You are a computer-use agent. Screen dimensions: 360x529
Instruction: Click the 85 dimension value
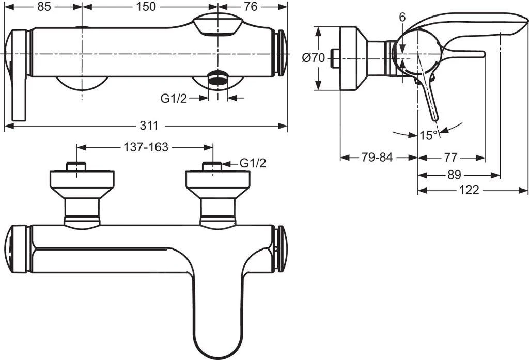point(44,7)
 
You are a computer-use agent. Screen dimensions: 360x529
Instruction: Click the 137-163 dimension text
point(146,147)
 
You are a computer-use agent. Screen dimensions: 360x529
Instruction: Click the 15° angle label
point(428,135)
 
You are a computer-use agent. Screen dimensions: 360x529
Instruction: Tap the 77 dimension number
point(450,158)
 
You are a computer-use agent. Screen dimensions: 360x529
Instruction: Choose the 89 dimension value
point(454,175)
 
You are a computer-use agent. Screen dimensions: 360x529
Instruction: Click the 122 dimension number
point(469,191)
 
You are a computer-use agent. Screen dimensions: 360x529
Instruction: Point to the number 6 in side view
point(402,17)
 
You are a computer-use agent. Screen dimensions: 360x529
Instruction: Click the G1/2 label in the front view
point(173,98)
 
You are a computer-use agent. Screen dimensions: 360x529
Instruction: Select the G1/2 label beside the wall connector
point(253,163)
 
